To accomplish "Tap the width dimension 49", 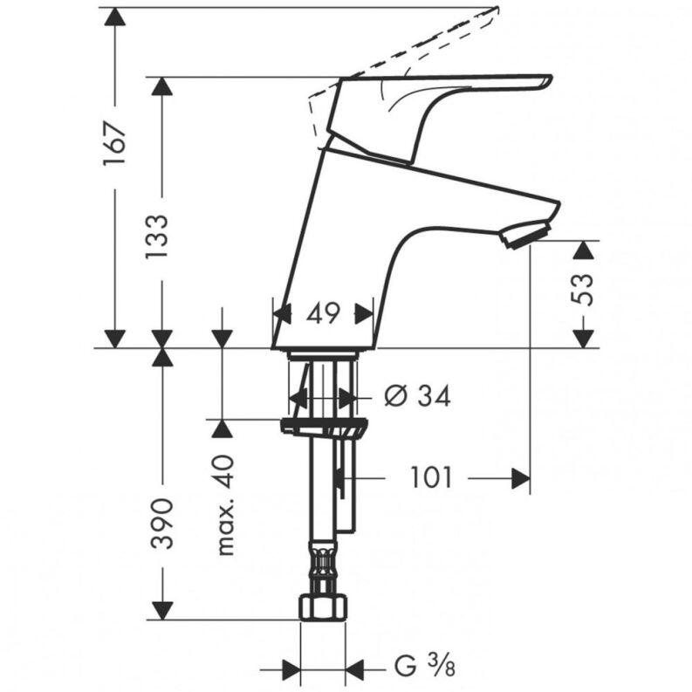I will click(x=323, y=313).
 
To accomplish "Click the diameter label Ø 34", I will click(x=417, y=397).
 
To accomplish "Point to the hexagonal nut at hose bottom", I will click(x=322, y=607).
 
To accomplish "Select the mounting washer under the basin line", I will click(x=322, y=427).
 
